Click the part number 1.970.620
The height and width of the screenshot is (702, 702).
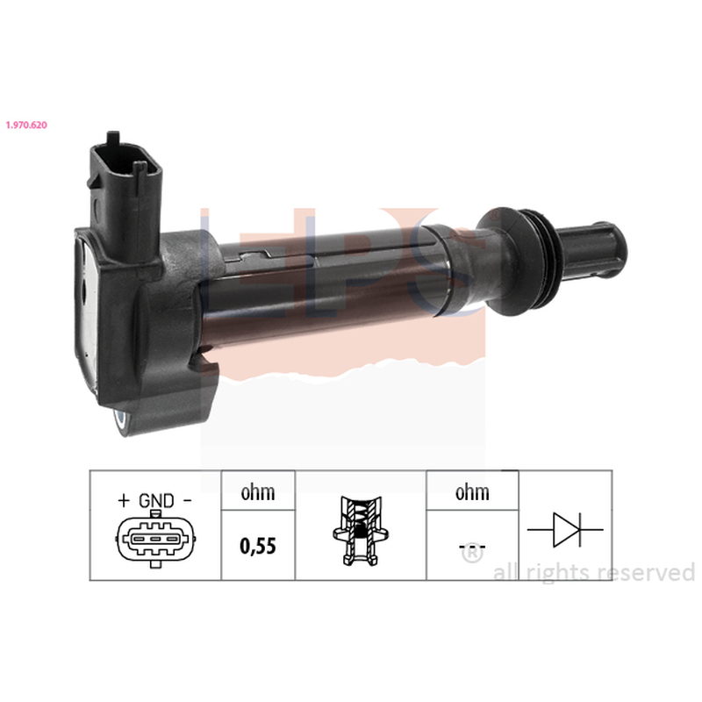tap(26, 125)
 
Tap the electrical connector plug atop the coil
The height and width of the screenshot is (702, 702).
tap(125, 197)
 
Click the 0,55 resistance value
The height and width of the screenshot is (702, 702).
tap(258, 546)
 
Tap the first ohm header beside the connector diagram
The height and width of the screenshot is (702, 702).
tap(258, 492)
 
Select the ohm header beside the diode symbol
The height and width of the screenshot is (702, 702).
tap(472, 492)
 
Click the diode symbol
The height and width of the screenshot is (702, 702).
tap(565, 530)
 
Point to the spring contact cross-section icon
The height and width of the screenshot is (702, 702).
tap(361, 530)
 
